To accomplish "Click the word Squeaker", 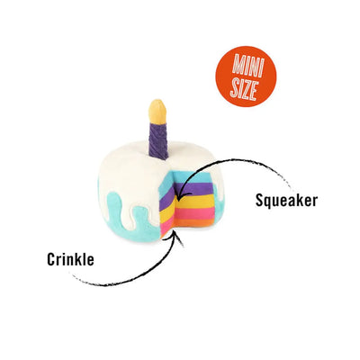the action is (x=286, y=201).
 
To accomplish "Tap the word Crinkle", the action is (x=70, y=259).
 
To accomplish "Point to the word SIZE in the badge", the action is (x=244, y=89).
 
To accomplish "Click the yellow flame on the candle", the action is (x=157, y=112).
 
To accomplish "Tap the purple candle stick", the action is (x=158, y=140).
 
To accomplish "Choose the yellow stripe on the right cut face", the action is (x=195, y=202).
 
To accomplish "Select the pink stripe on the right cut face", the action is (x=195, y=213).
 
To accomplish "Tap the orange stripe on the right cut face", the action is (x=195, y=223).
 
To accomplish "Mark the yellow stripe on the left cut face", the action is (x=167, y=212).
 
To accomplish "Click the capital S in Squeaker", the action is (x=260, y=200).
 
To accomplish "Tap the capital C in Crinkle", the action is (x=51, y=259).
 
